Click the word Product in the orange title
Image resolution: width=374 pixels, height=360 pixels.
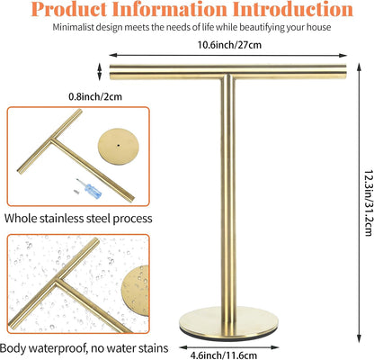coord(69,9)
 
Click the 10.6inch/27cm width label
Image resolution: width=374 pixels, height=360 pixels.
coord(229,45)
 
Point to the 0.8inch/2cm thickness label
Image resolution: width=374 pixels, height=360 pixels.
coord(95,96)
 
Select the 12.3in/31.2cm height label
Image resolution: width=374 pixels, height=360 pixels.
coord(368,203)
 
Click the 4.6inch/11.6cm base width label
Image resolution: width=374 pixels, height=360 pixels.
coord(224,355)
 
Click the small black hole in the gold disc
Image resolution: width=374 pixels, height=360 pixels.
coord(119,145)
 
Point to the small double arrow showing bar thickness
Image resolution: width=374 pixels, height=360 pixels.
coord(100,72)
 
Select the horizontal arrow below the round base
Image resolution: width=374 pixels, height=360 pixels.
coord(229,347)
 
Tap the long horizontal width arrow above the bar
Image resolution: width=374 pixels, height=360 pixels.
coord(227,55)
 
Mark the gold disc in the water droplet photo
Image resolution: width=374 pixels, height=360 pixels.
coord(136,291)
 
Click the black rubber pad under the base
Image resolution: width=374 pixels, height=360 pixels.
coord(228,337)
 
